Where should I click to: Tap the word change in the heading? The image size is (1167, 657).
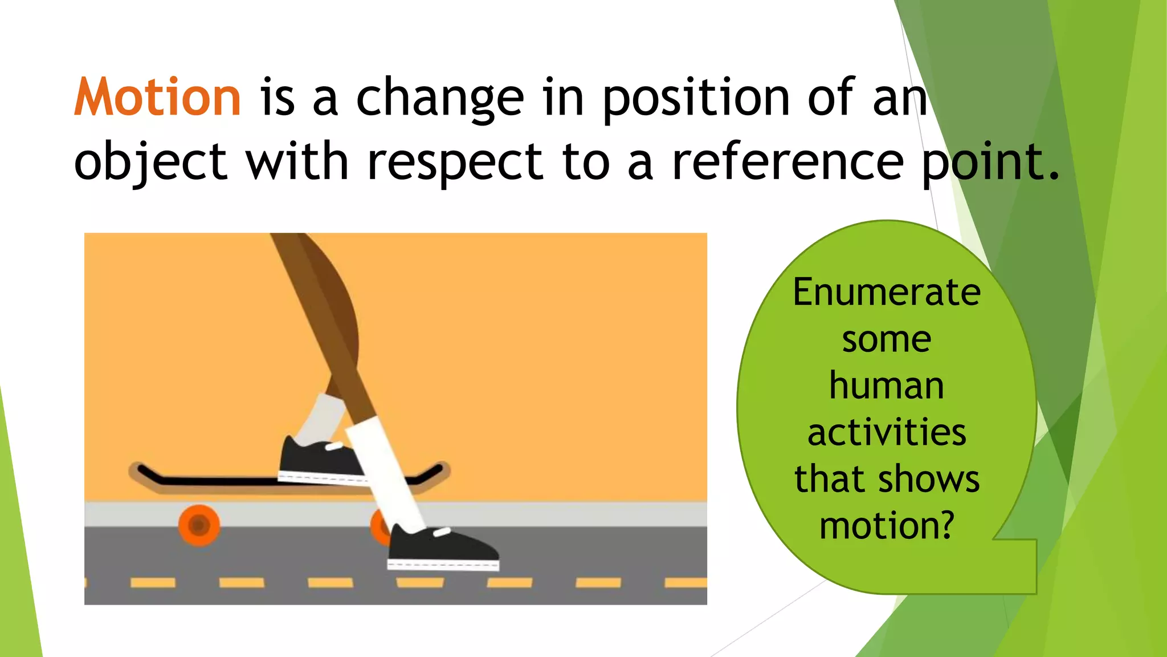440,98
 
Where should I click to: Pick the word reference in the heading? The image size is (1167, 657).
787,162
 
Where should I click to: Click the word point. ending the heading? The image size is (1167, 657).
990,162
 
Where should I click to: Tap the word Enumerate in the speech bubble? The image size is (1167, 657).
887,292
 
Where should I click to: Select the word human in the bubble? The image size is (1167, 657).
887,386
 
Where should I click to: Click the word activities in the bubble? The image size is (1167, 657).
887,432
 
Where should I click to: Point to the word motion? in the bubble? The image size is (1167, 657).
887,526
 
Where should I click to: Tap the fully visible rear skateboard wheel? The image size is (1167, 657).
199,525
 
